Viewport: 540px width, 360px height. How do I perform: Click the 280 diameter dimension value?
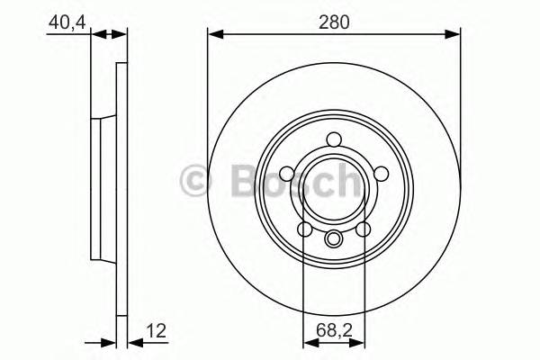(x=334, y=21)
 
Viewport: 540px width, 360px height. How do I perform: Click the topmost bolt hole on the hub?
(x=334, y=139)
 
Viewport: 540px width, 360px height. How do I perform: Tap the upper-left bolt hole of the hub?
(x=287, y=174)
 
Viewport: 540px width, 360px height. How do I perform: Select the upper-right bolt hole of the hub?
(x=381, y=174)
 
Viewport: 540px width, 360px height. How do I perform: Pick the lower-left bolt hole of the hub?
(x=305, y=230)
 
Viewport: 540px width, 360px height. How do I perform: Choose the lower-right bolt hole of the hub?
(x=363, y=230)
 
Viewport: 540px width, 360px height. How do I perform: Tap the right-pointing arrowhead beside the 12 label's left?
(x=109, y=342)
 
